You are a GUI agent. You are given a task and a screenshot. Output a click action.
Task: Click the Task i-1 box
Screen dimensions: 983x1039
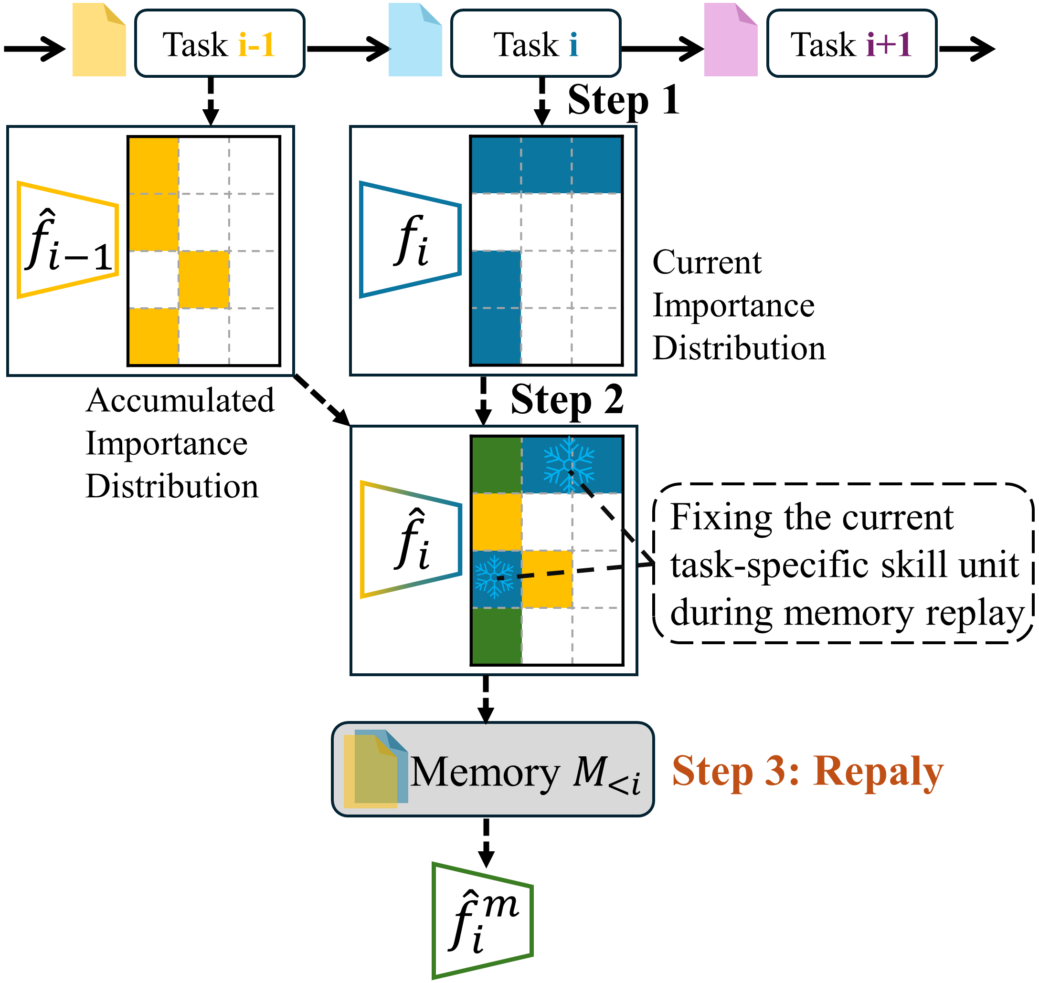(x=220, y=43)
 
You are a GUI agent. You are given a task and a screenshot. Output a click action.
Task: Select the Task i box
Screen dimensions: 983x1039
(x=536, y=43)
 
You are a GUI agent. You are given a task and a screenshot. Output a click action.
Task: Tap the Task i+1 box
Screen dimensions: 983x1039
(x=851, y=43)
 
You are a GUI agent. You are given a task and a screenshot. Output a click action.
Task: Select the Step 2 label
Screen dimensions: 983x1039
(x=567, y=400)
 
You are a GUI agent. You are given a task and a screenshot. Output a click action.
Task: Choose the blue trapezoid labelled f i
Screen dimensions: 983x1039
(x=411, y=240)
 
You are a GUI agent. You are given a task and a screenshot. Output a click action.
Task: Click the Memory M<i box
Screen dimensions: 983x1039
(x=493, y=769)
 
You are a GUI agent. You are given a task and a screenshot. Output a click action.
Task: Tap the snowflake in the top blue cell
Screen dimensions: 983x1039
(x=569, y=464)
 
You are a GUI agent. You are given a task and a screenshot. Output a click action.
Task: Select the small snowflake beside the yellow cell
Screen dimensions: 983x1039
(x=494, y=577)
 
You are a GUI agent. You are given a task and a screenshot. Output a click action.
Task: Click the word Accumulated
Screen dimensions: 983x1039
(x=180, y=400)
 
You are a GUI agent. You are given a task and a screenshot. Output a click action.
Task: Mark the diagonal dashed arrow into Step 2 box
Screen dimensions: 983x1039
(x=321, y=399)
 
